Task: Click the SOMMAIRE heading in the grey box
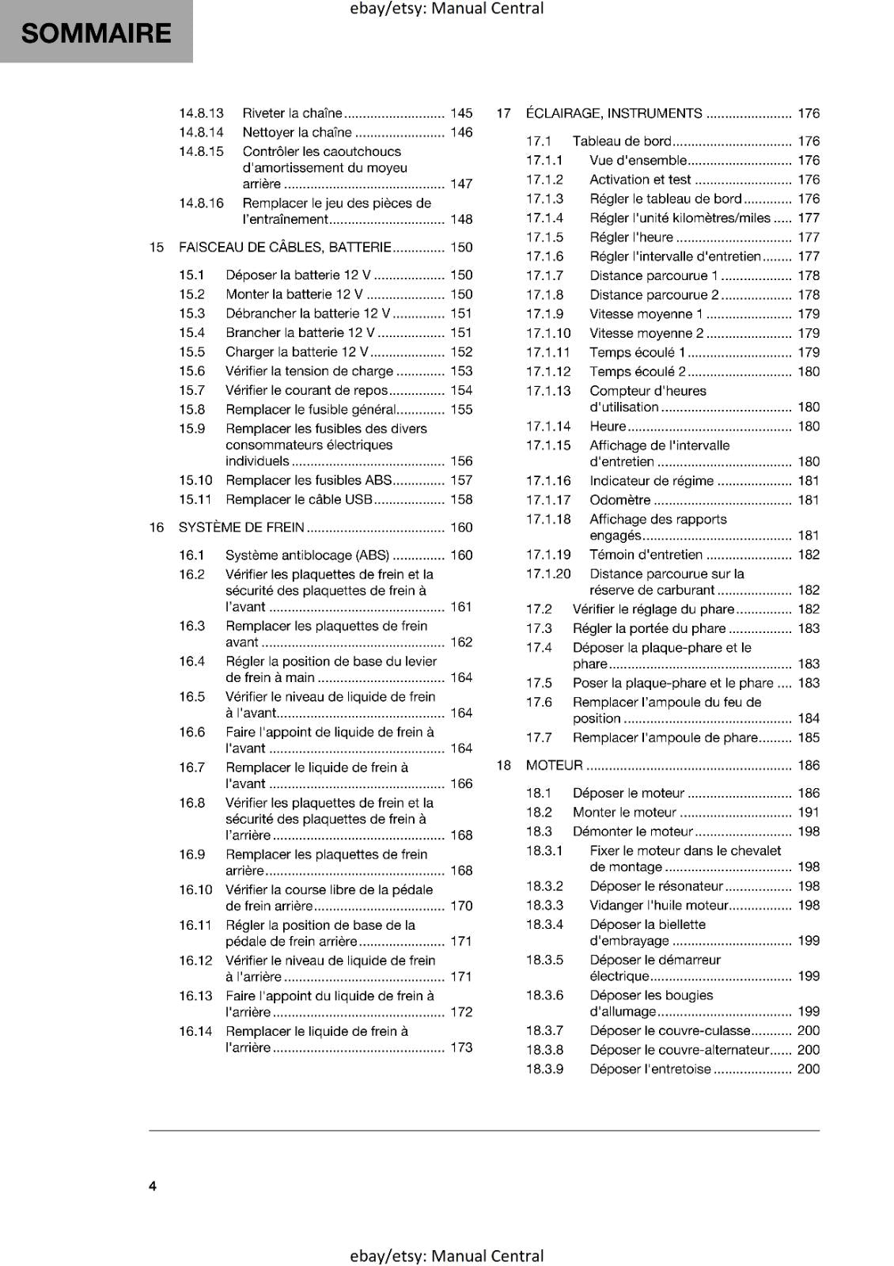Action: point(96,33)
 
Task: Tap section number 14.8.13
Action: point(201,113)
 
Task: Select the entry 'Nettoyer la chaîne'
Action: point(297,132)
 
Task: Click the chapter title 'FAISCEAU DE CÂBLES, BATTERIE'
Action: point(285,247)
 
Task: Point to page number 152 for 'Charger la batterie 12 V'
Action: point(461,352)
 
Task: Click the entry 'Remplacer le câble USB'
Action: point(299,499)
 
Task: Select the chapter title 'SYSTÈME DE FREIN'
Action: point(241,527)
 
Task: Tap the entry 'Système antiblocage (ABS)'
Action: point(307,555)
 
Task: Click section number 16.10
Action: point(195,889)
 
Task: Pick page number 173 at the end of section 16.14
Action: point(461,1047)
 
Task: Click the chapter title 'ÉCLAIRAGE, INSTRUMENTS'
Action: point(614,113)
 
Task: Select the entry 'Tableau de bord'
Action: point(622,141)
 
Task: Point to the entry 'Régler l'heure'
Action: point(631,237)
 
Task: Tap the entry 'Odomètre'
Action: point(620,500)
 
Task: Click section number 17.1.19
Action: point(548,555)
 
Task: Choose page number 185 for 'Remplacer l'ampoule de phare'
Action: point(809,737)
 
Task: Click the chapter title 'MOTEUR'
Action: point(554,765)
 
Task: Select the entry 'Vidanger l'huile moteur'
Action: point(659,905)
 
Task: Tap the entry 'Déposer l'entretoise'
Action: point(650,1069)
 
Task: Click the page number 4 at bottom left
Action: point(153,1186)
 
